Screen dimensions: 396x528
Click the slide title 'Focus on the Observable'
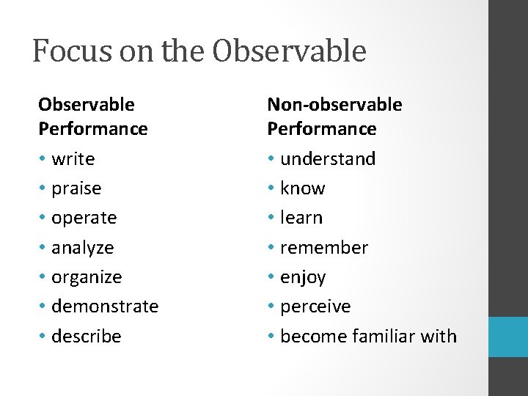pos(199,51)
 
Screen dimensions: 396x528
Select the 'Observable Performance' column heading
pos(93,117)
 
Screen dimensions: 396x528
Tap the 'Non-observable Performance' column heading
pos(334,117)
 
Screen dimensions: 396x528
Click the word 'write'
pos(73,159)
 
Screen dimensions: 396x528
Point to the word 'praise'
pos(76,188)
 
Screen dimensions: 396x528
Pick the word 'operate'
pos(84,218)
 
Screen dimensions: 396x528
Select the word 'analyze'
pos(83,248)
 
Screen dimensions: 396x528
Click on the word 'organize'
pos(87,277)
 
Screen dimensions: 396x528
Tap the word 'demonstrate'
pos(105,307)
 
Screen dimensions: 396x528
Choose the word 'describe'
pos(87,337)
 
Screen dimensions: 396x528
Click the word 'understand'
pos(328,159)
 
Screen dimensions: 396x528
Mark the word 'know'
pos(303,188)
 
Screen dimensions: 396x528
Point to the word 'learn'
pos(301,218)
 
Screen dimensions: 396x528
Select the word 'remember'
pos(324,248)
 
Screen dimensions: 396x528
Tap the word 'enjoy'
pos(303,277)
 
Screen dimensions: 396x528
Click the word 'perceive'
pos(315,307)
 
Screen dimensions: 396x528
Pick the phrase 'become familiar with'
pos(368,337)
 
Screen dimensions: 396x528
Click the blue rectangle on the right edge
pos(508,337)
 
